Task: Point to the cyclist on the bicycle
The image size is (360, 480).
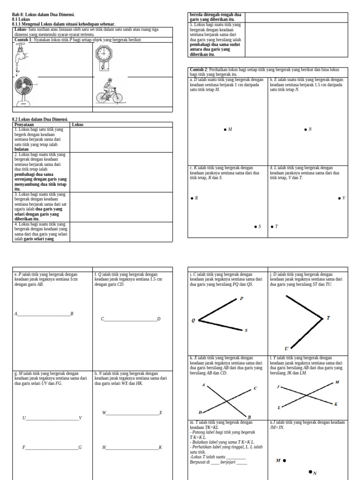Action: pos(109,92)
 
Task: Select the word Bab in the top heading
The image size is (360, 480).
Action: pos(15,15)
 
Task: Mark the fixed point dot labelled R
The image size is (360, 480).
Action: pos(192,198)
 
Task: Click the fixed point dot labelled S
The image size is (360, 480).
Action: pos(255,226)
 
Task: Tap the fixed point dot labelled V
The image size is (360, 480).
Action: pos(339,198)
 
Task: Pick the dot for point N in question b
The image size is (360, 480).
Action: pos(306,129)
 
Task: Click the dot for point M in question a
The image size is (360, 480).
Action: pos(225,129)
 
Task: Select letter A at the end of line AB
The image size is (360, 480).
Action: pos(15,314)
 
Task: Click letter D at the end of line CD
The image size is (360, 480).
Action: pos(159,319)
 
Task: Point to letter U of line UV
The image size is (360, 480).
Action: pos(24,418)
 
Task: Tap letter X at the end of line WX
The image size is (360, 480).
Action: pos(160,413)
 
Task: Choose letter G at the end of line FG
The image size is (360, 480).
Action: pos(80,448)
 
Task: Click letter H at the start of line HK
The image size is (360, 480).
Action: pos(104,448)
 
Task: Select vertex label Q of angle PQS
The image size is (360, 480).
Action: pos(193,321)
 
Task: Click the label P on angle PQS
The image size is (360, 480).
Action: pos(242,299)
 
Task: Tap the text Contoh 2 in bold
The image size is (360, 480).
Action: pos(197,70)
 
